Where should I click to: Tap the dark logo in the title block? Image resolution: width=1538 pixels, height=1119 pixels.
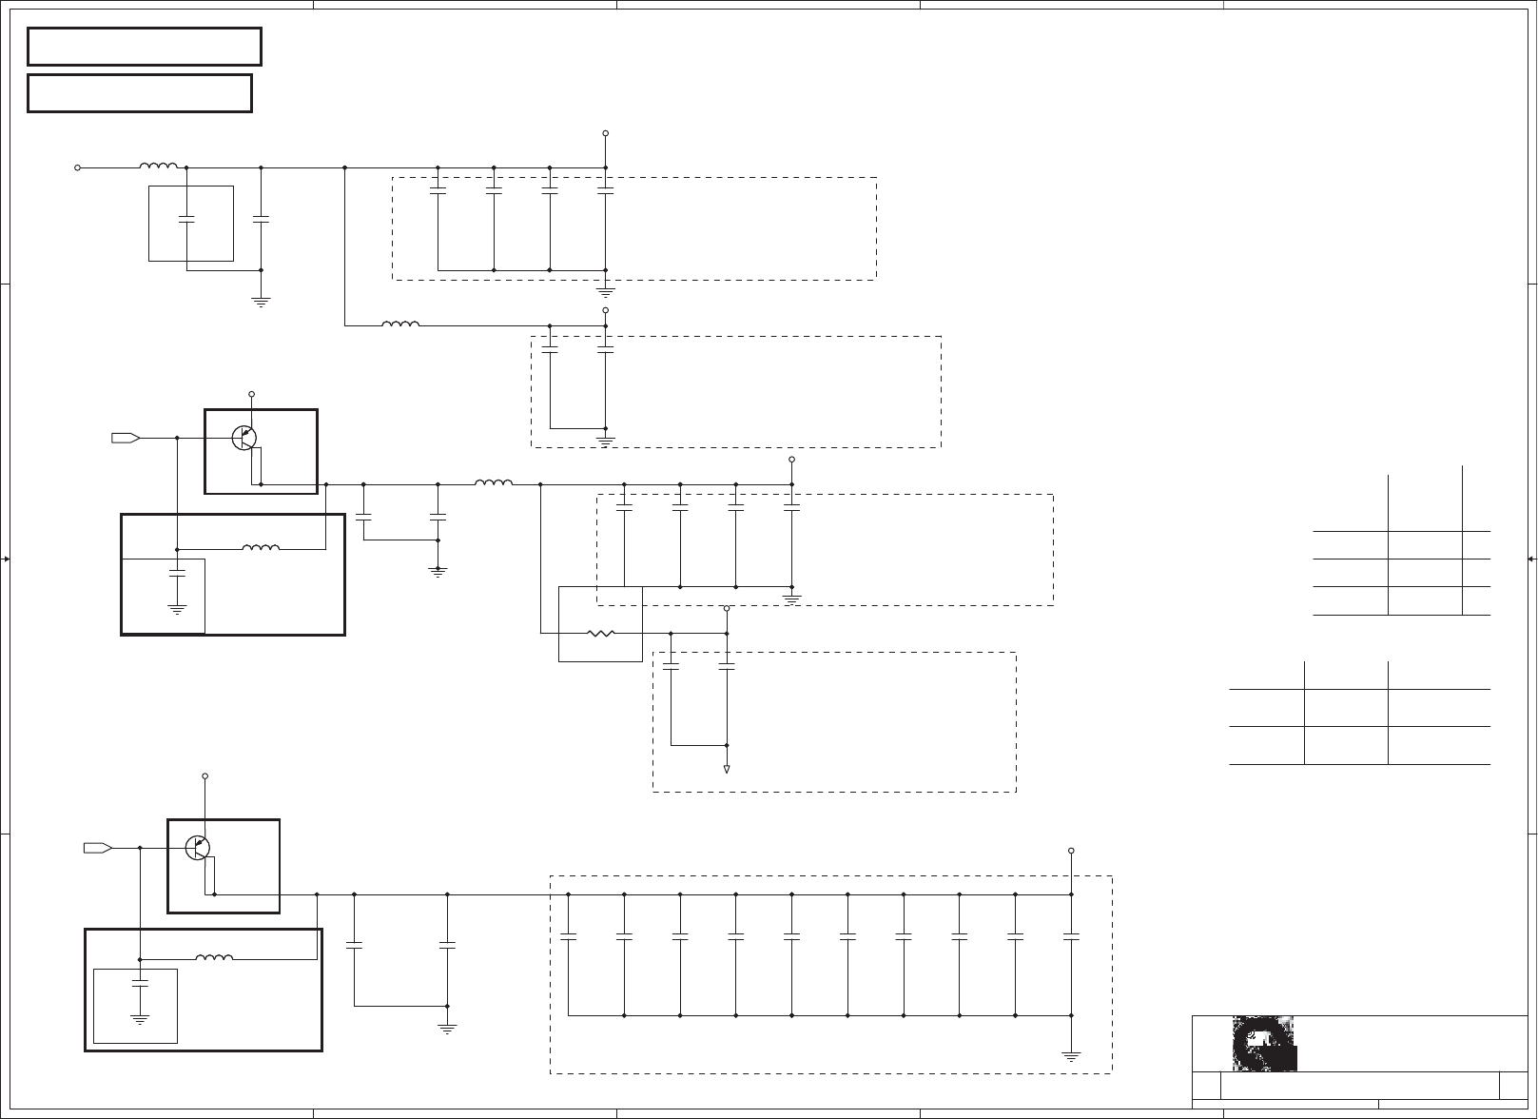1264,1044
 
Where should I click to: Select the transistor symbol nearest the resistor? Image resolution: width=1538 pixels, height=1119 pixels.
244,438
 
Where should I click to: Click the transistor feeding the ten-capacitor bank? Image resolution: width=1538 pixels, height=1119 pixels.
198,847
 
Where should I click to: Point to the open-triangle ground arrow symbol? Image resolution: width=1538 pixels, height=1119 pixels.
727,768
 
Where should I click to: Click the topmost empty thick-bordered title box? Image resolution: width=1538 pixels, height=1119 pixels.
144,47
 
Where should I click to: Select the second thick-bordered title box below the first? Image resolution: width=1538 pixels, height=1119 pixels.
140,93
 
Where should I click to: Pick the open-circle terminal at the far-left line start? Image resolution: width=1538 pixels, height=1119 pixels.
77,167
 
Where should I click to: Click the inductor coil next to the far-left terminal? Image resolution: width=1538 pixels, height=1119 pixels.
159,167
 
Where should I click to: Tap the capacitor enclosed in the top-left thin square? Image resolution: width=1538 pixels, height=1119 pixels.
186,220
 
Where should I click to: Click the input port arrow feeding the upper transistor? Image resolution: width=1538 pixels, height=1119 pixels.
126,438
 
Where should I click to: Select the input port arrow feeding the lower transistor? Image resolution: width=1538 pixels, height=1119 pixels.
98,847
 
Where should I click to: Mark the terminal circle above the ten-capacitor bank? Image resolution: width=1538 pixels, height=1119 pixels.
1071,851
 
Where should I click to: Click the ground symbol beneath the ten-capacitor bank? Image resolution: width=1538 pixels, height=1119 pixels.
1071,1055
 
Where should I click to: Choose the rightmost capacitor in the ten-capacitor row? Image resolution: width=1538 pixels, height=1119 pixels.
1071,937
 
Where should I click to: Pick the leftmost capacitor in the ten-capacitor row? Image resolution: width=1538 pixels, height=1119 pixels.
568,937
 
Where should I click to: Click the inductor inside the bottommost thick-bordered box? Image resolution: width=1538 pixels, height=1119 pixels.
214,957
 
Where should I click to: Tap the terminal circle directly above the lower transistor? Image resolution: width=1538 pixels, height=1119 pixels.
204,776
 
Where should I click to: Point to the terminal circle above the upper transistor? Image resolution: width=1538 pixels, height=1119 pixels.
252,394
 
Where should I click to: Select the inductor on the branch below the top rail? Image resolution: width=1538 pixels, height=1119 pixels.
400,324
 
